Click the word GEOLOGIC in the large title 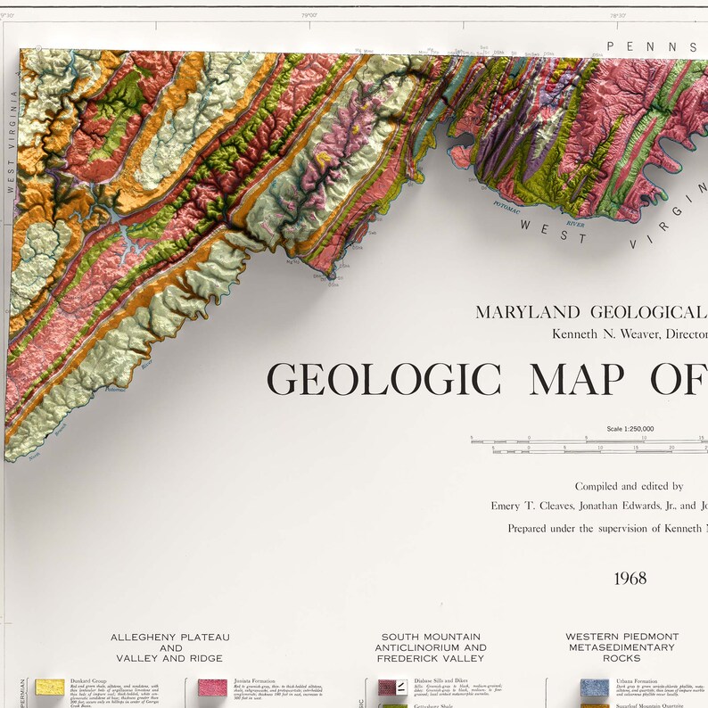[384, 379]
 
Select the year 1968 [630, 578]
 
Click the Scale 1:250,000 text [630, 429]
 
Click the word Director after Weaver [679, 333]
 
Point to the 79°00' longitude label [310, 13]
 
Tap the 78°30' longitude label [616, 13]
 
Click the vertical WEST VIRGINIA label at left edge [12, 143]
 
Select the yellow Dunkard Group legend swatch [49, 687]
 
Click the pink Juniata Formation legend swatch [212, 687]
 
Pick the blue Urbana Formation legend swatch [594, 687]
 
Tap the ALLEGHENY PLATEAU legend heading [169, 637]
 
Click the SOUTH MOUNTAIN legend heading [431, 637]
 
